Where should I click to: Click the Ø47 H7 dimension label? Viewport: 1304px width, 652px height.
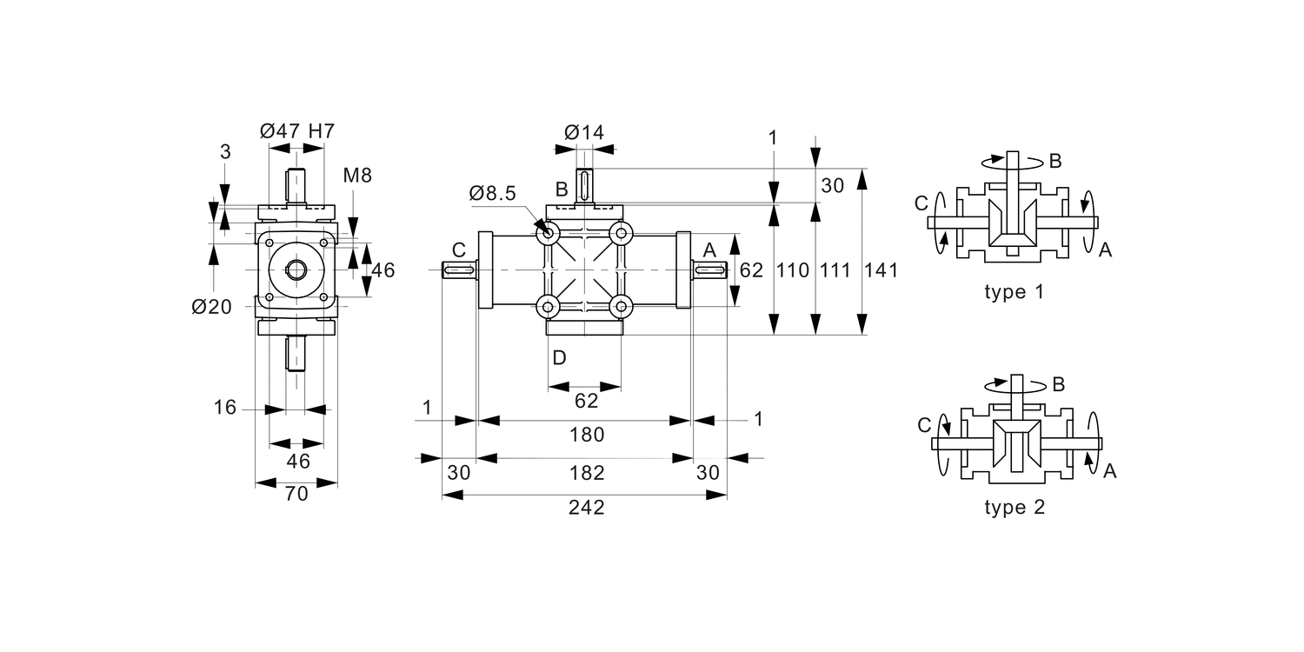pyautogui.click(x=297, y=131)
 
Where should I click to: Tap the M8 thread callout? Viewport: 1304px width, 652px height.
pyautogui.click(x=356, y=176)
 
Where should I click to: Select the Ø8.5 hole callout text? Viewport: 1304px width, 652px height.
pyautogui.click(x=493, y=193)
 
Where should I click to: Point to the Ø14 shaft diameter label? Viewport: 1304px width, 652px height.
pyautogui.click(x=584, y=133)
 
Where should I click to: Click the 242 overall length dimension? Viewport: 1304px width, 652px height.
pyautogui.click(x=586, y=508)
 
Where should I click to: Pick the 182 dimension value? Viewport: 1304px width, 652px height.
pyautogui.click(x=587, y=473)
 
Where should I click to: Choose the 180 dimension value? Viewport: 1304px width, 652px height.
pyautogui.click(x=587, y=435)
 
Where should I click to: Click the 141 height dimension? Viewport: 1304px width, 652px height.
pyautogui.click(x=881, y=270)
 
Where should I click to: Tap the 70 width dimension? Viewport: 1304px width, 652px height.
pyautogui.click(x=296, y=495)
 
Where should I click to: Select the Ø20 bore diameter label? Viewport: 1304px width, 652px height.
pyautogui.click(x=212, y=307)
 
